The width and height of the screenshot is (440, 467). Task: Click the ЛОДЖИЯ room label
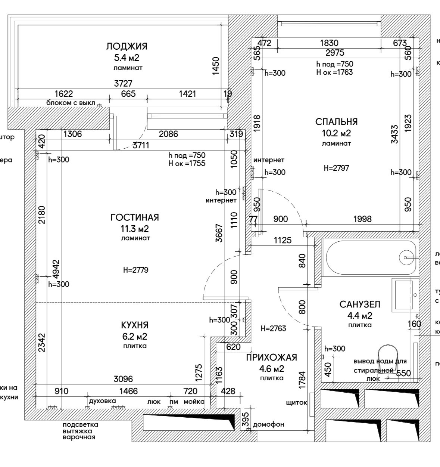coord(127,46)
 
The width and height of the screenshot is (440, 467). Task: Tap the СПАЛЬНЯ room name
coord(336,122)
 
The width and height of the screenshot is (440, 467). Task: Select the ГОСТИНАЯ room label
coord(135,217)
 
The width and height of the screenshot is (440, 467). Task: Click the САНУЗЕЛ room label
coord(360,304)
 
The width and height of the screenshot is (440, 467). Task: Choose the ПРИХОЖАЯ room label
coord(272,358)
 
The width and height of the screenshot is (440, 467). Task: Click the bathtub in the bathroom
coord(370,257)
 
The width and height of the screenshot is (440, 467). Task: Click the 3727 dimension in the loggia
coord(123,84)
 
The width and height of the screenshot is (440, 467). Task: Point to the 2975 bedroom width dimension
coord(335,53)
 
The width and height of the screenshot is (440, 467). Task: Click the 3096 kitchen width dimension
coord(123,379)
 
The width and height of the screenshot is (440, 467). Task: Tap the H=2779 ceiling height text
coord(136,270)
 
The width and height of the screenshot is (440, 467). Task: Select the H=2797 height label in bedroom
coord(336,168)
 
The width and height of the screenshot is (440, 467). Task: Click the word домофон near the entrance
coord(269,424)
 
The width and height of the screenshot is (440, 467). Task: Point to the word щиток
coord(296,403)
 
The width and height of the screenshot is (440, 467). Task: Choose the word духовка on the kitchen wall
coord(103,401)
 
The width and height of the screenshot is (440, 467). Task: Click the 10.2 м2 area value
coord(336,133)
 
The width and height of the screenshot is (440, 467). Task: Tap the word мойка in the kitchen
coord(194,402)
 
